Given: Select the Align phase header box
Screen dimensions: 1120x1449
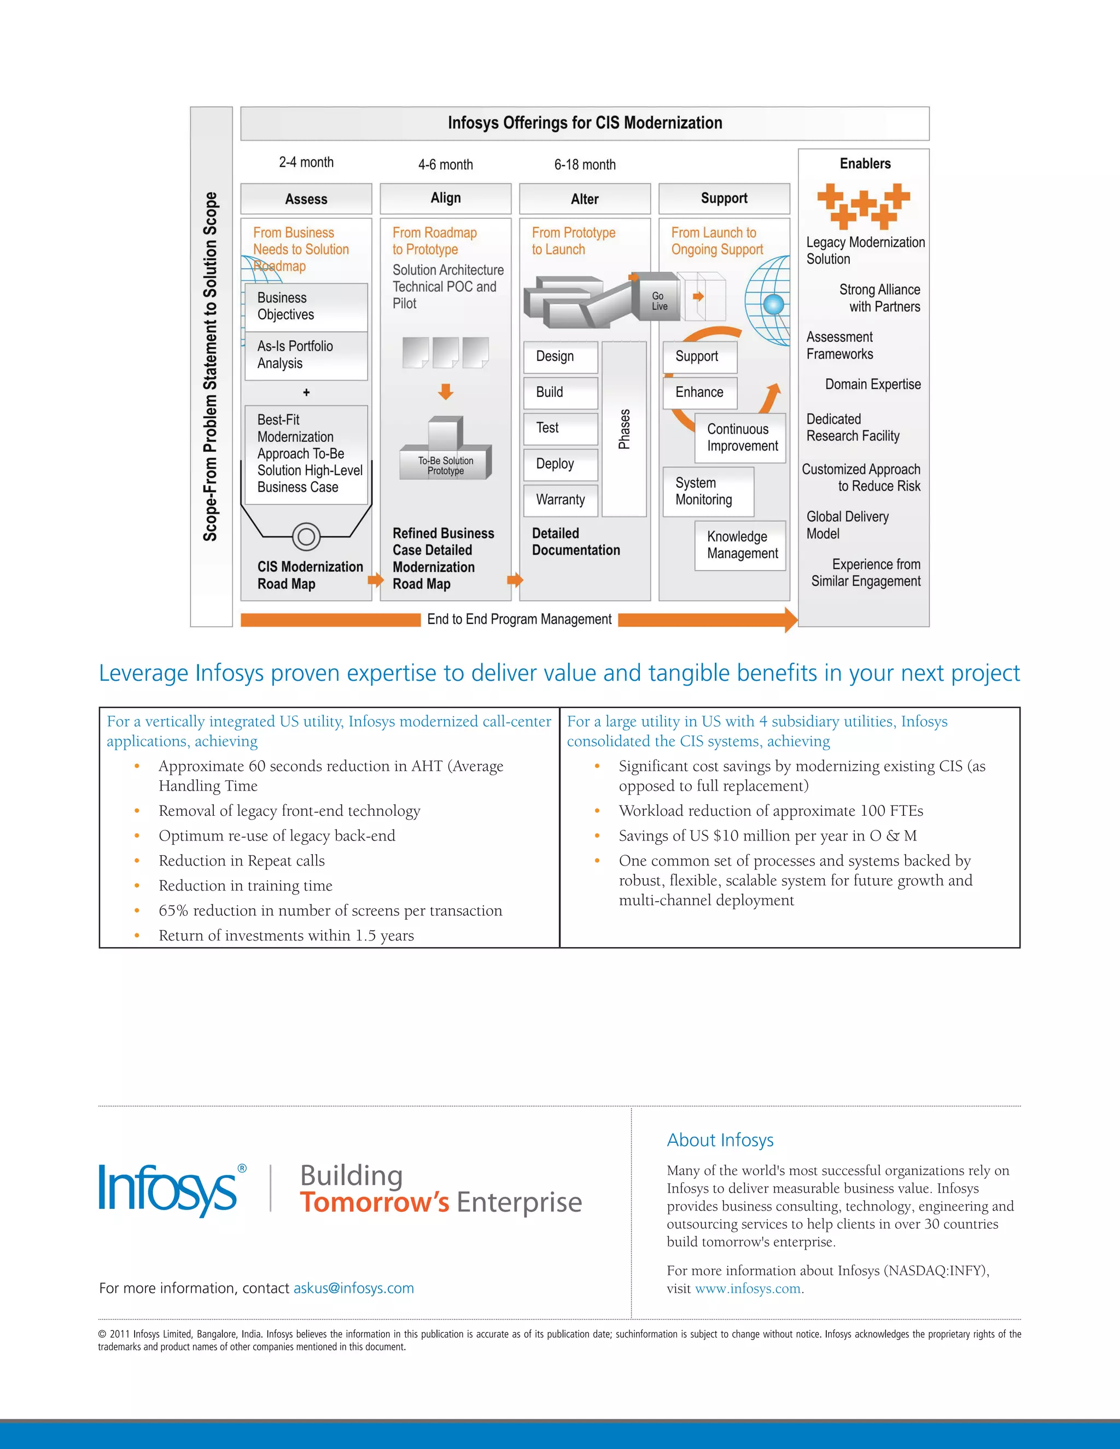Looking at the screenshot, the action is tap(445, 198).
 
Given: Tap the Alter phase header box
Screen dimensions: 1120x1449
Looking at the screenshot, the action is tap(585, 199).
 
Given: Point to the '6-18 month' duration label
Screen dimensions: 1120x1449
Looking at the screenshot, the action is tap(585, 165).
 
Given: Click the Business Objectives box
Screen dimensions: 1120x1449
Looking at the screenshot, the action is tap(306, 307).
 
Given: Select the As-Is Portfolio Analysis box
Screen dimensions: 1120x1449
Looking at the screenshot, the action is tap(306, 355).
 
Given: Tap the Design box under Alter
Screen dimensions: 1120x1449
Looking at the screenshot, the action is tap(561, 357).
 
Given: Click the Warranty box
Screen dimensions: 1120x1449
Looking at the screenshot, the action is tap(561, 500).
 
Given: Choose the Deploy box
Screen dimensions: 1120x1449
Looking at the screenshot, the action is tap(561, 464).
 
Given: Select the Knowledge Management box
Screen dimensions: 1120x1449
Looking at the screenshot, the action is tap(740, 545).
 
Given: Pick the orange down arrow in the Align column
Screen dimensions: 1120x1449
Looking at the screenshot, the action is tap(446, 392).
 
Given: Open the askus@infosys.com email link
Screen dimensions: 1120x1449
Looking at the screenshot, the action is tap(354, 1288).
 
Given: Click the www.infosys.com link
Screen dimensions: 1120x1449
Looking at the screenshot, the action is tap(748, 1289).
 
